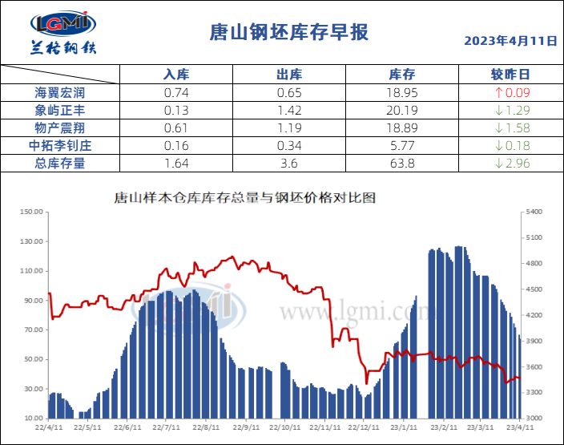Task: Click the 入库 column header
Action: pos(175,75)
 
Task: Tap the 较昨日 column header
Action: pos(510,75)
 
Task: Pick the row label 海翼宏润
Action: pos(60,92)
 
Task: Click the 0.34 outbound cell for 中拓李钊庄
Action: pos(288,145)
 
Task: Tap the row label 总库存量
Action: pos(60,163)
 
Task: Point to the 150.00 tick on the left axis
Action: pos(31,212)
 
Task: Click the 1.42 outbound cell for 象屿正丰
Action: pos(288,110)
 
